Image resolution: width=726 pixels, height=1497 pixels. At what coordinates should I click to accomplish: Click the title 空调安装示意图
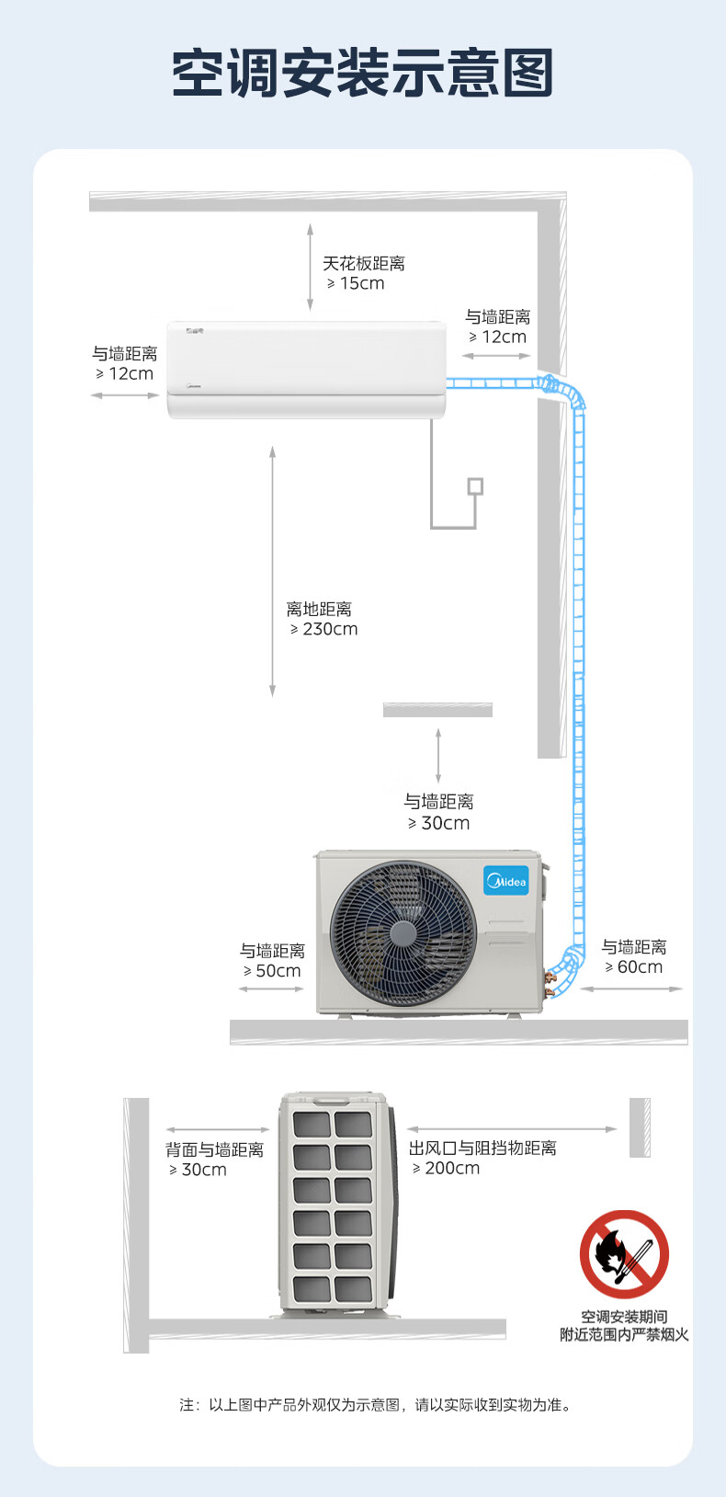point(363,72)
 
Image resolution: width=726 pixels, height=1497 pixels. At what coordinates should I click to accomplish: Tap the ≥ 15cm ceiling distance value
point(356,283)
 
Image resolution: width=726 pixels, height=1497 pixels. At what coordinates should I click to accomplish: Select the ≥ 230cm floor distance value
point(323,629)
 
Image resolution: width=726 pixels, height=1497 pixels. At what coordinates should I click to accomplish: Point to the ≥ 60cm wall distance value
point(634,967)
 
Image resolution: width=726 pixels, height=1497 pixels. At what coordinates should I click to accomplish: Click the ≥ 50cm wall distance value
point(272,971)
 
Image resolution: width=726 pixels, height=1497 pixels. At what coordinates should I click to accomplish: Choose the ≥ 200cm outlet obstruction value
point(446,1168)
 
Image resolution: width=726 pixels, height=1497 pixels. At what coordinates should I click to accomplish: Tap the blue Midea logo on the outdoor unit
point(506,881)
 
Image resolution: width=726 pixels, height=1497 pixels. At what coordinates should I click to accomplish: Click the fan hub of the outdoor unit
point(403,933)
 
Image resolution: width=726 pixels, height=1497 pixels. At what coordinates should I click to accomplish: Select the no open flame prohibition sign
point(625,1253)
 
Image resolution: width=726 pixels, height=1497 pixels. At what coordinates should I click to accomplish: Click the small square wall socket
point(475,486)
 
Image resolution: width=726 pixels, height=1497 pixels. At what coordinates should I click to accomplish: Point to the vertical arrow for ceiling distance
point(310,268)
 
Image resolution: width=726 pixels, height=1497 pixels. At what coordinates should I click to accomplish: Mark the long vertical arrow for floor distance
point(273,571)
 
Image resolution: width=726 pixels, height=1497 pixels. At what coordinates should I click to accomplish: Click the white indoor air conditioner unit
point(307,370)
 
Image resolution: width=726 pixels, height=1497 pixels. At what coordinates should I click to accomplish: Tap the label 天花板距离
point(364,263)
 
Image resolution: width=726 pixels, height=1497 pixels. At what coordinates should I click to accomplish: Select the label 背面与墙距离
point(215,1149)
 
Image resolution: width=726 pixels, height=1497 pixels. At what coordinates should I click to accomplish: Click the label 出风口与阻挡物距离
point(482,1148)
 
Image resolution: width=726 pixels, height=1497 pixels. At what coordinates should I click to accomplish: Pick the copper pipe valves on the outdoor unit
point(550,983)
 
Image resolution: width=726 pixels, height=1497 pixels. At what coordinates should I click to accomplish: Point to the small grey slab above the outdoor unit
point(438,710)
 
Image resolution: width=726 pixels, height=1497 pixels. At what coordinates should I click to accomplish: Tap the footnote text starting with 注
point(376,1405)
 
